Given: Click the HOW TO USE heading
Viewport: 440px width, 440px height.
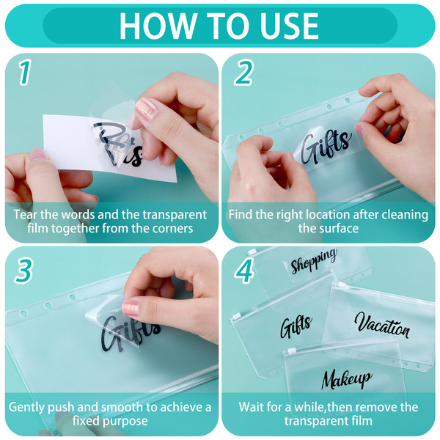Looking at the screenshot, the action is [219, 26].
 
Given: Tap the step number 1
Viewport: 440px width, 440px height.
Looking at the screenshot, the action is [25, 73].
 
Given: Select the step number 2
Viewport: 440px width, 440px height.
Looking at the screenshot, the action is [244, 73].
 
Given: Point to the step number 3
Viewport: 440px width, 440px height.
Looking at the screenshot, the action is [24, 271].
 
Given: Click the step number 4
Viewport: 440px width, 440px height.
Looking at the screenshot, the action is [244, 271].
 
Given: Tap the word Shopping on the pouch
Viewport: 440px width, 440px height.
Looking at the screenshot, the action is [314, 261].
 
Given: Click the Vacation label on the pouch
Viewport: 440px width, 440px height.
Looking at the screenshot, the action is [382, 325].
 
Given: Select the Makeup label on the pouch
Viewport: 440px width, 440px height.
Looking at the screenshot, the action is [347, 379].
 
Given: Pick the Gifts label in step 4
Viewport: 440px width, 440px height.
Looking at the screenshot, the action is [296, 326].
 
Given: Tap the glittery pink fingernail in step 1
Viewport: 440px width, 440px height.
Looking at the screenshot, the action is [146, 109].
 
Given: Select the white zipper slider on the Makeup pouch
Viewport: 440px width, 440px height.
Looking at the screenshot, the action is [292, 351].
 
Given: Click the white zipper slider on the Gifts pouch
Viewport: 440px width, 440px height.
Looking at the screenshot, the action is [236, 316].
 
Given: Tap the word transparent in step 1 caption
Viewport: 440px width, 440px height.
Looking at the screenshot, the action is [175, 215].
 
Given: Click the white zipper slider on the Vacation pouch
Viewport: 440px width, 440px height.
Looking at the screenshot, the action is [342, 285].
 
